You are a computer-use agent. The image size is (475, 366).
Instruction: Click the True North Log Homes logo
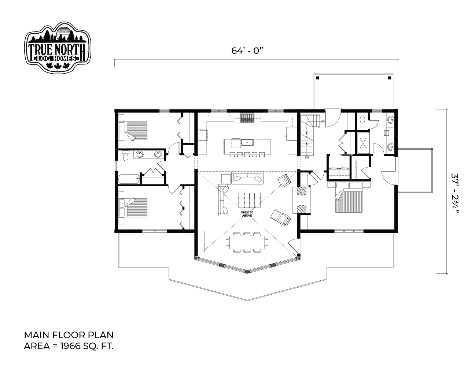coord(58,47)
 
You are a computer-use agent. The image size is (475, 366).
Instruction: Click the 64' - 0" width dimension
coord(247,51)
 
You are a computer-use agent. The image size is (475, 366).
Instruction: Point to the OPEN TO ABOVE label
coord(247,214)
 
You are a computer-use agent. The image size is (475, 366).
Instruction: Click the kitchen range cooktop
coord(247,118)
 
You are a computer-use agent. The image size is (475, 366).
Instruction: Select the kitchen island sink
coord(247,142)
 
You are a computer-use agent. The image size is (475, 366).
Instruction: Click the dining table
coord(247,242)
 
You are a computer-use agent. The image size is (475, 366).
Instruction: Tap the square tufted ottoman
coord(249,200)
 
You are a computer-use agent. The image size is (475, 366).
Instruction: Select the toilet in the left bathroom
coord(125,156)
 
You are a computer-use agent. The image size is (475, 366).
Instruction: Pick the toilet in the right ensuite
coord(362,118)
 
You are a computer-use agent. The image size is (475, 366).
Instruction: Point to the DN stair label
coord(307,157)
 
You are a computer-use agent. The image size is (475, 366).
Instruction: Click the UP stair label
coord(323,121)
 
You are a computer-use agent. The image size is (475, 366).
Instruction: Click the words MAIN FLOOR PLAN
coord(69,335)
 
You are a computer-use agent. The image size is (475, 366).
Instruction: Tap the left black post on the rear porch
coord(318,78)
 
